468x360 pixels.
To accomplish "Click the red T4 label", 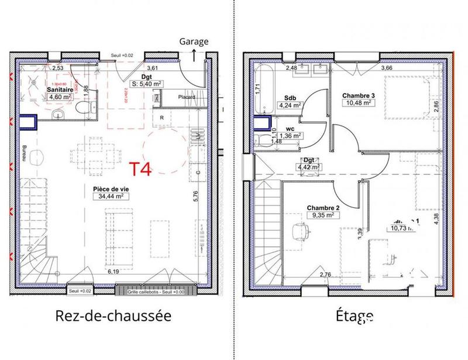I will tap(140, 169).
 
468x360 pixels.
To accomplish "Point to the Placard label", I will tap(186, 98).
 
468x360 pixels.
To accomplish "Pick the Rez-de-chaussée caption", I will tap(113, 316).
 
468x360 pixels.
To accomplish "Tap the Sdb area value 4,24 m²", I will tap(290, 106).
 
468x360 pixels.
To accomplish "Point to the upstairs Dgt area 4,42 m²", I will tap(308, 167).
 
